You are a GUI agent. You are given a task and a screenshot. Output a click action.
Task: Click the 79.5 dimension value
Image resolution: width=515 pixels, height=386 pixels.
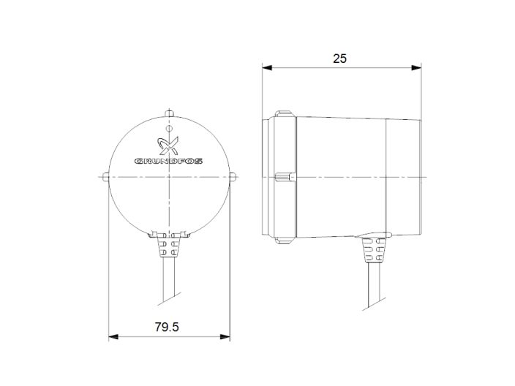167,328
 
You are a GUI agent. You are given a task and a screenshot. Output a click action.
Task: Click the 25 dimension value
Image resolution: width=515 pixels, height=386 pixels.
339,58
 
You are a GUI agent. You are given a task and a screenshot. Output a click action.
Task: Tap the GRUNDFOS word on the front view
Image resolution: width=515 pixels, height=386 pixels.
169,160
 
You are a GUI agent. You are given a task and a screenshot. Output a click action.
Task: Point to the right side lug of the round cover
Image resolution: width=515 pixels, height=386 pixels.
233,177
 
